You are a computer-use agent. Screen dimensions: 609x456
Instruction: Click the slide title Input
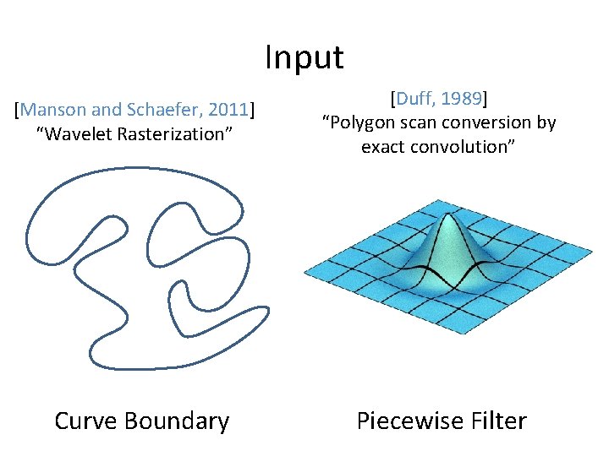coord(304,57)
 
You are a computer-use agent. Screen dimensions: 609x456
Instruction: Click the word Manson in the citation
coord(53,109)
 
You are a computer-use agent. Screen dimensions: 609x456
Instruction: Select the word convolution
coord(463,147)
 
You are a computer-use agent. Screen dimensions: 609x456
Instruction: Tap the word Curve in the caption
coord(85,421)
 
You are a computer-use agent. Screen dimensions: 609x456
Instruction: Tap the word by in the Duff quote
coord(546,123)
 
